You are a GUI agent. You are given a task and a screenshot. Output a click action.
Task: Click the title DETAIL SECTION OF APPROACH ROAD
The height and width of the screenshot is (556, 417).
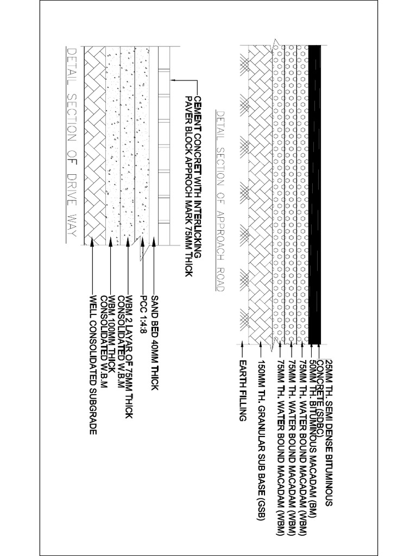click(220, 201)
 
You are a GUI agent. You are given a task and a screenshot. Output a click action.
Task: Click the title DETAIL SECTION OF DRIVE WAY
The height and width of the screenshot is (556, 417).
click(71, 143)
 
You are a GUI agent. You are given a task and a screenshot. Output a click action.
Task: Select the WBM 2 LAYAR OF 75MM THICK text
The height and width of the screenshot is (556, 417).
click(129, 357)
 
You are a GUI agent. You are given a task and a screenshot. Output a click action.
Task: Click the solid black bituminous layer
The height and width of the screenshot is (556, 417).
click(315, 194)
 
